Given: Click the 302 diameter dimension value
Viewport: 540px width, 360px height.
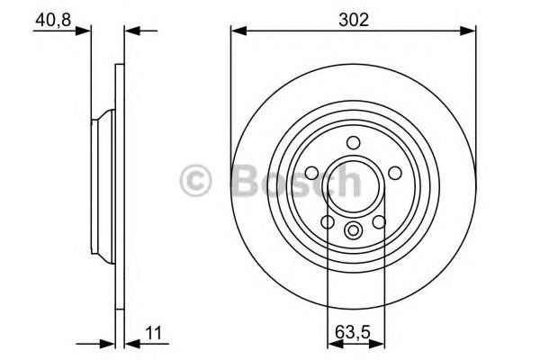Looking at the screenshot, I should coord(353,17).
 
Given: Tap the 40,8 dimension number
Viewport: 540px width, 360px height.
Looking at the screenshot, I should coord(51,17).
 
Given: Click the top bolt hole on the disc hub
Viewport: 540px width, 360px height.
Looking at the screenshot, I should coord(354,140).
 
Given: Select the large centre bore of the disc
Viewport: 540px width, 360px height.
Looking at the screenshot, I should coord(354,184).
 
